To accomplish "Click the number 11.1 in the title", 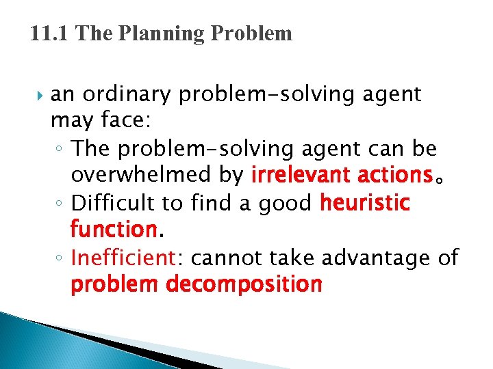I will click(50, 33).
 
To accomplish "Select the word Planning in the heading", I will click(144, 33).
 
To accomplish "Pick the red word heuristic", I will click(365, 202).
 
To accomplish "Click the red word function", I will click(114, 228).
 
